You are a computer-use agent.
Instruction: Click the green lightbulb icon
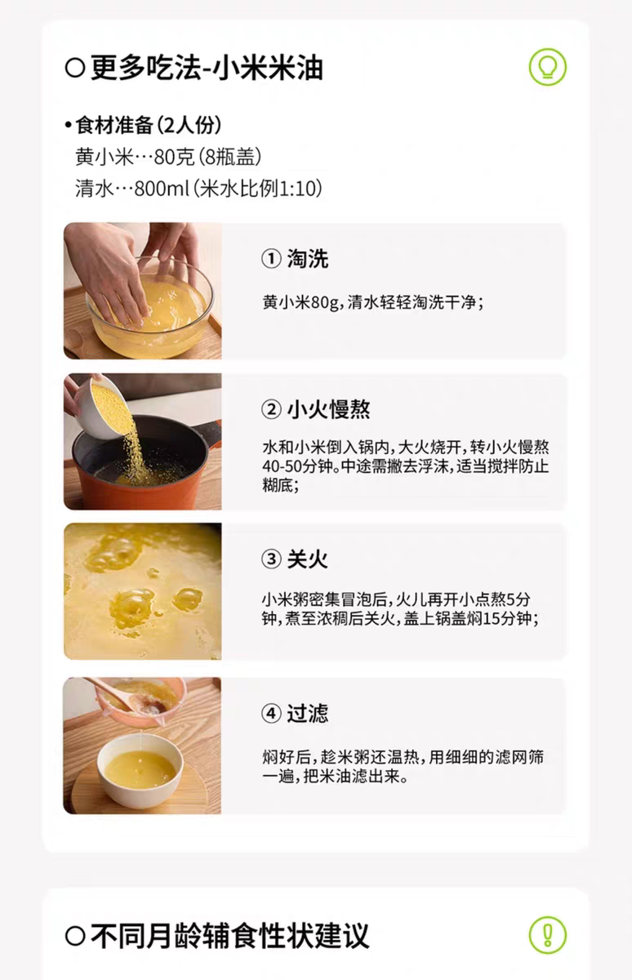[548, 67]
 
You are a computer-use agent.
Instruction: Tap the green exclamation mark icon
[548, 935]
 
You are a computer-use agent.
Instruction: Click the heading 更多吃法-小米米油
[207, 68]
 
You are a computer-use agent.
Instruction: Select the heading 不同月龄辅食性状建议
[230, 936]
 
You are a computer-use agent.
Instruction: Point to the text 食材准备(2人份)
[149, 126]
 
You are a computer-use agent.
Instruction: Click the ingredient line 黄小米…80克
[135, 157]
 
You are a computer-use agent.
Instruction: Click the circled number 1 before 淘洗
[271, 259]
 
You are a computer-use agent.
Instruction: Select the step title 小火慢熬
[328, 409]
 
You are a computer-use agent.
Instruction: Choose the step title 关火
[308, 559]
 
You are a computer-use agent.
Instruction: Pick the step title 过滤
[308, 714]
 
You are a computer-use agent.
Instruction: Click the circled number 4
[271, 714]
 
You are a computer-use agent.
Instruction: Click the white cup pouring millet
[102, 408]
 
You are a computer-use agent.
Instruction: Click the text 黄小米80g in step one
[300, 302]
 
